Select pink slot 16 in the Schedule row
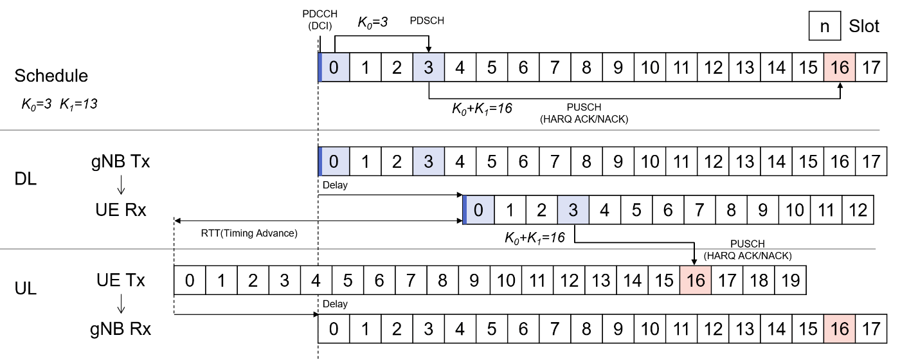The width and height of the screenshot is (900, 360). pos(840,67)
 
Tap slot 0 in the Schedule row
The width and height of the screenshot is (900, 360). pos(334,67)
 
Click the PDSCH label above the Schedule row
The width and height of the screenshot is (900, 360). pos(428,21)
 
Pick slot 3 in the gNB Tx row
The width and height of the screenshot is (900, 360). pos(428,162)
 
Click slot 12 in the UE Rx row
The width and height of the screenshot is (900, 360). pos(858,210)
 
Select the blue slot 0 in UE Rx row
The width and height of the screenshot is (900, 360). pos(478,210)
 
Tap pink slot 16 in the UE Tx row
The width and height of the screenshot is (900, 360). pos(695,281)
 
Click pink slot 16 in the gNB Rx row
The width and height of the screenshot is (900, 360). pos(840,330)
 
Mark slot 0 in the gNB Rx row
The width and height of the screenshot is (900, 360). pos(334,330)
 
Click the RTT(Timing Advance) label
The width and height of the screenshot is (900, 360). pos(249,233)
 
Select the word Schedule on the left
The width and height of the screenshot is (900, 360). pos(51,76)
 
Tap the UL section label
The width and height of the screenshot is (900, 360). pos(25,288)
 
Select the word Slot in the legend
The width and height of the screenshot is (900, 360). pos(864,28)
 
